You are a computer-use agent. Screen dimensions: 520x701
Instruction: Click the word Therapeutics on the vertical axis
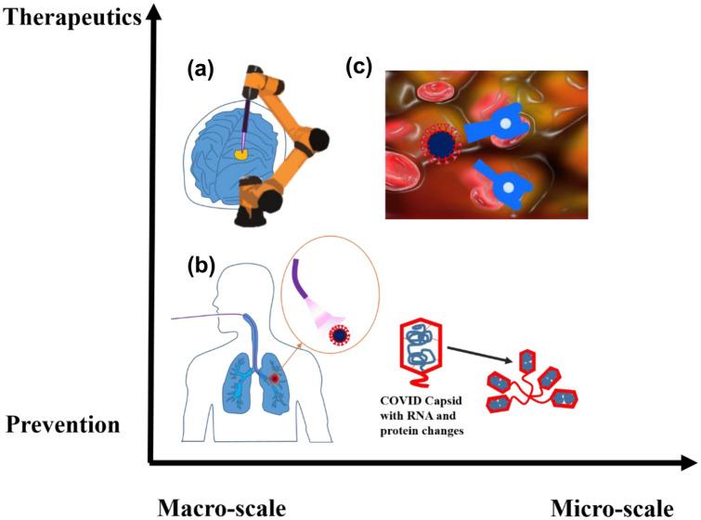point(70,16)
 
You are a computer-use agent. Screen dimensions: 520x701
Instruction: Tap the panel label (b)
point(199,265)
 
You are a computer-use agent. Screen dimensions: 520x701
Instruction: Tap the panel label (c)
point(363,68)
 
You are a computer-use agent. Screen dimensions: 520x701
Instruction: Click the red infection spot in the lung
point(275,379)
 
